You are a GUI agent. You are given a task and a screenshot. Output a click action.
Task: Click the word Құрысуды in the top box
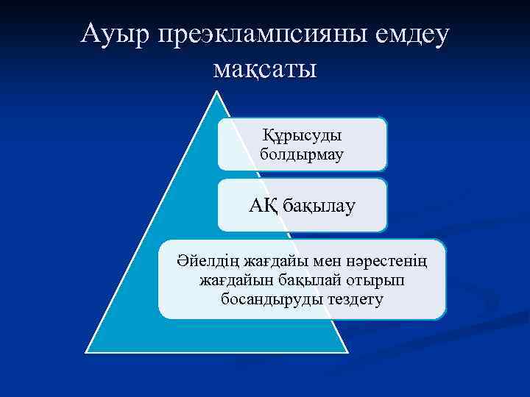pyautogui.click(x=302, y=137)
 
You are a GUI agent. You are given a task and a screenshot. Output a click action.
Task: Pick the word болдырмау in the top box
pyautogui.click(x=302, y=155)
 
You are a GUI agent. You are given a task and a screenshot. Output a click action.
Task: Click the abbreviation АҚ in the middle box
pyautogui.click(x=262, y=205)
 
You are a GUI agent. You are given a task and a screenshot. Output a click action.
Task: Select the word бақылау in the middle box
pyautogui.click(x=318, y=205)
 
